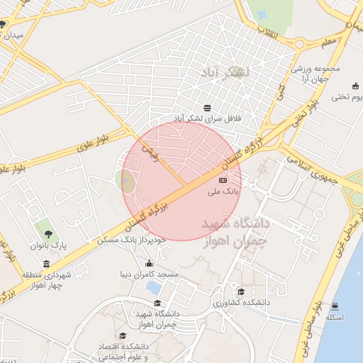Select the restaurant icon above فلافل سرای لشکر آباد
(207, 108)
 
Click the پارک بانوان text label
(48, 245)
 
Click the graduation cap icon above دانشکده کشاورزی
(241, 291)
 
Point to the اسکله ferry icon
(334, 306)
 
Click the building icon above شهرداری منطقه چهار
(47, 264)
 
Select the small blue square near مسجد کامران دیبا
(152, 287)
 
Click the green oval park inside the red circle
(126, 181)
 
